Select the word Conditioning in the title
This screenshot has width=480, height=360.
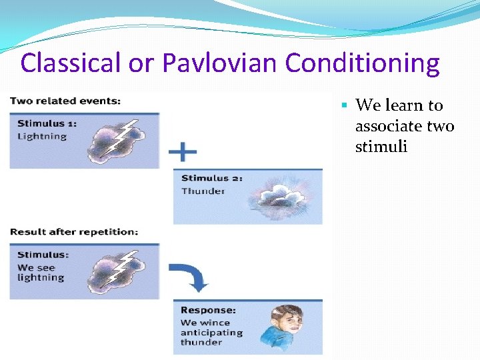click(362, 64)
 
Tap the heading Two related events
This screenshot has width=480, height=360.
click(65, 101)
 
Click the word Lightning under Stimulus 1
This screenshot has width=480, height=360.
click(42, 137)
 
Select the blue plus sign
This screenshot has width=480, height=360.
click(182, 153)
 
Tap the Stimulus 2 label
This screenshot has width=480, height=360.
click(211, 178)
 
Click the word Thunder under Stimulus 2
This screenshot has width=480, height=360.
click(203, 191)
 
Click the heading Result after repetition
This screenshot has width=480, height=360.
click(74, 232)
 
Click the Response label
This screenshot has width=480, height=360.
click(208, 311)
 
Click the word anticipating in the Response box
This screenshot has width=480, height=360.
click(211, 333)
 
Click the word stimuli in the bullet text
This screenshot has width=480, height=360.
click(381, 146)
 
